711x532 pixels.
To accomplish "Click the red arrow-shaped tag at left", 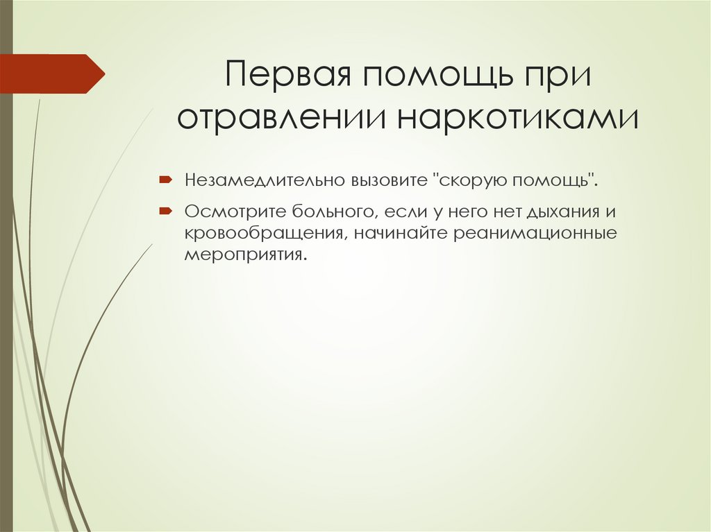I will point(52,73).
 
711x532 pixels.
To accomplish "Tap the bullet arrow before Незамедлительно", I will point(167,180).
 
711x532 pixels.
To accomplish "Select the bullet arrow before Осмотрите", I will point(167,209).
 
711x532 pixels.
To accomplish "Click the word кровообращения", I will point(266,232).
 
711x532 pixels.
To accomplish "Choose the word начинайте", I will point(401,232).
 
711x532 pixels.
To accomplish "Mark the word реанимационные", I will point(536,232).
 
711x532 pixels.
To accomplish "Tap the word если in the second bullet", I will point(379,210).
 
